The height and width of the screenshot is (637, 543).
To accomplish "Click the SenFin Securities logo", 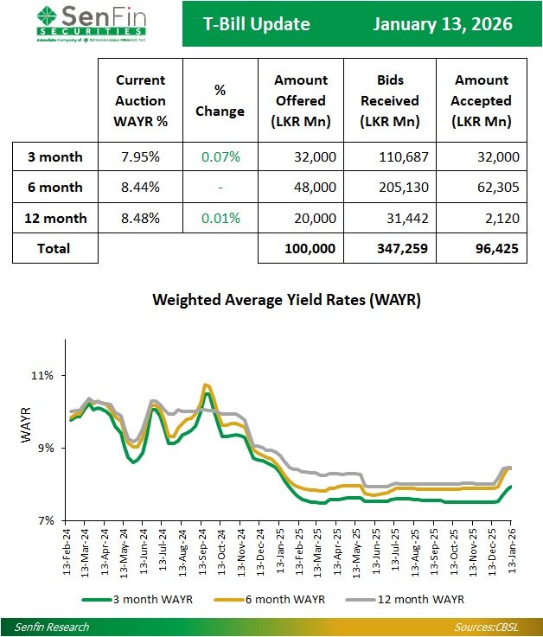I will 91,23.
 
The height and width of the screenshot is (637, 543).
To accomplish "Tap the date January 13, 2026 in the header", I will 442,24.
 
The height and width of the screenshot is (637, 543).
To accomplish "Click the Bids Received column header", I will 391,101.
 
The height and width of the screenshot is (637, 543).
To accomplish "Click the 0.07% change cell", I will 220,157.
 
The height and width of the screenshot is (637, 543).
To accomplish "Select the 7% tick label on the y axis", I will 47,520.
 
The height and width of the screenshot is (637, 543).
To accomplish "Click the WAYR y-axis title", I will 24,426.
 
